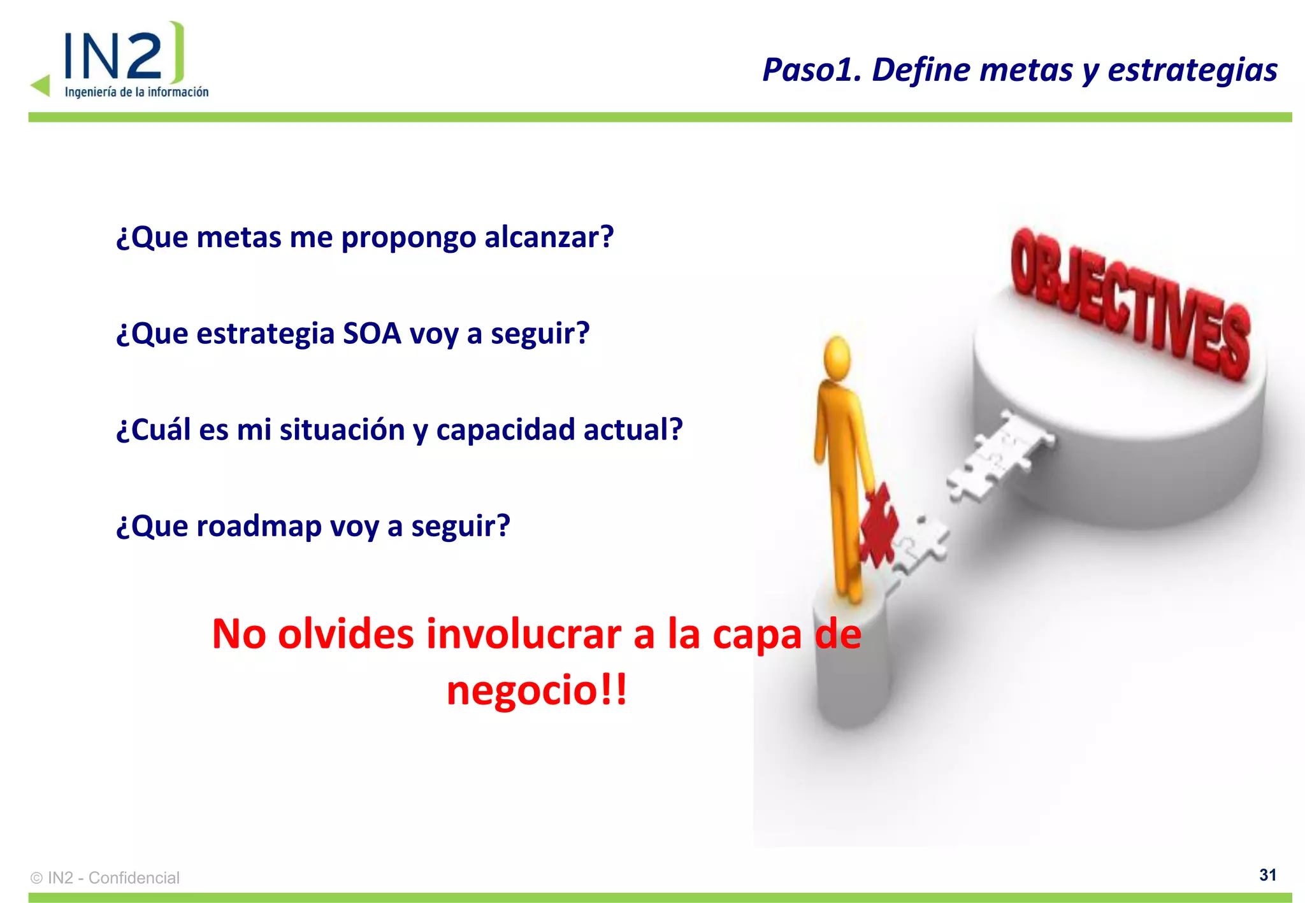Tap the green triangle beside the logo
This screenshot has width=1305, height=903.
[41, 85]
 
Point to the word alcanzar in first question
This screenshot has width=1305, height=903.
[549, 238]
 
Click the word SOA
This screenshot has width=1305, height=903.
[371, 334]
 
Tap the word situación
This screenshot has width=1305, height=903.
[342, 430]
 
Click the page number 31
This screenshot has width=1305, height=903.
[1267, 875]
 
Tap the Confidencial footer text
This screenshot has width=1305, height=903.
[134, 878]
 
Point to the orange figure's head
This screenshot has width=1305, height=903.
[837, 358]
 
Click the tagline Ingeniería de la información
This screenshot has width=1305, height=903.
[136, 92]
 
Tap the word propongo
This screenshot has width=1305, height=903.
[408, 238]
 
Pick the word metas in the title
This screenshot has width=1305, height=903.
[1025, 70]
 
